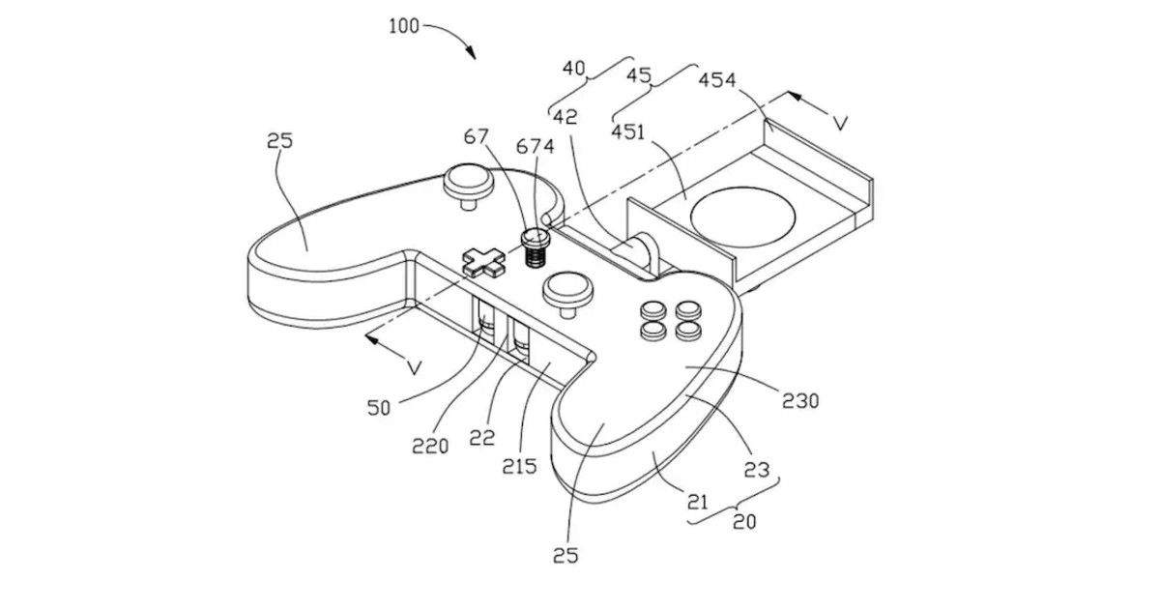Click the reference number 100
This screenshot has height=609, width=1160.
(x=404, y=26)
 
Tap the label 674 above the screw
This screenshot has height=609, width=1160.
(x=535, y=147)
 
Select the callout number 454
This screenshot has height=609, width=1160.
(x=717, y=79)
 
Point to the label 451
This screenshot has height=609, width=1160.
(x=628, y=132)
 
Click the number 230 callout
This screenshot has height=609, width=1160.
(x=800, y=401)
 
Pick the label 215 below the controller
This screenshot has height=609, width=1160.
(x=519, y=467)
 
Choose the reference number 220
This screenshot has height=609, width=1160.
(x=430, y=446)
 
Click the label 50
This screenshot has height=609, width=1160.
(x=379, y=408)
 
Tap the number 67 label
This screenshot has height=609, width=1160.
(x=476, y=136)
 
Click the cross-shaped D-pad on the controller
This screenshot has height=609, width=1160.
(x=483, y=262)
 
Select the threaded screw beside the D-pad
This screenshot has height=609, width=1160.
(x=535, y=247)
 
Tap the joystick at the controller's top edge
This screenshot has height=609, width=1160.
(x=468, y=186)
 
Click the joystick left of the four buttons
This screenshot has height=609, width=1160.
(x=567, y=294)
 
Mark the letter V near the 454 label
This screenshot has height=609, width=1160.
(x=840, y=124)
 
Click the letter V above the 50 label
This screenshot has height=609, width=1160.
(x=415, y=368)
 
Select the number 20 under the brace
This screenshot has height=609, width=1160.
(x=744, y=521)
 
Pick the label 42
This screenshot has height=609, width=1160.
(x=565, y=117)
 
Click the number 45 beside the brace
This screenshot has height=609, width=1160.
(x=639, y=75)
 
